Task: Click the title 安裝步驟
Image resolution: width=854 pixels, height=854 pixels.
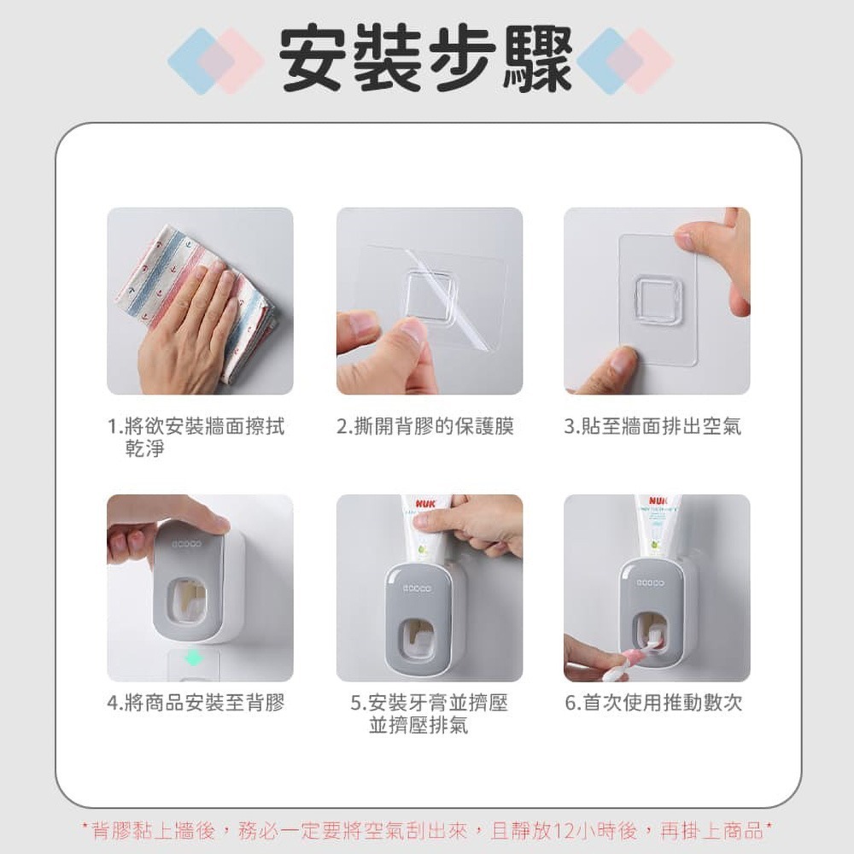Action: point(426,60)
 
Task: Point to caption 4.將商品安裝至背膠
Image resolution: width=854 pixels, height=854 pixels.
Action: point(196,703)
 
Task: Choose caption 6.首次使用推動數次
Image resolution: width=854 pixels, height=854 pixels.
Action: point(653,703)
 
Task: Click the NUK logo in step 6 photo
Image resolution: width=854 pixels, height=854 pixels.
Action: point(658,502)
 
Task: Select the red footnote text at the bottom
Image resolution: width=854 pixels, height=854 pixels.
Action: point(426,829)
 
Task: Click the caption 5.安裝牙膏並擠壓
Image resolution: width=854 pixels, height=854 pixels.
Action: point(430,703)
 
